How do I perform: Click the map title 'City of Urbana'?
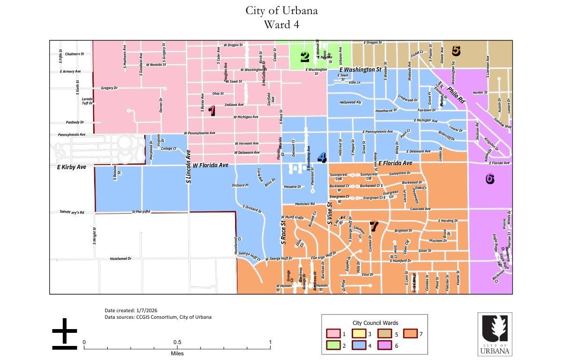281,10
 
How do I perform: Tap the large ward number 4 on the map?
322,157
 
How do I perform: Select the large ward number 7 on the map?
374,226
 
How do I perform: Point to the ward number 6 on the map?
490,179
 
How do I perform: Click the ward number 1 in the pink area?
212,111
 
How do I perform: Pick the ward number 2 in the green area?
305,57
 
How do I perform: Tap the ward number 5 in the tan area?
456,51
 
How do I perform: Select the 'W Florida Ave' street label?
210,165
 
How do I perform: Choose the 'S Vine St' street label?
330,213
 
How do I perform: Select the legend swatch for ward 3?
359,334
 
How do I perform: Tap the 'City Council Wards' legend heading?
375,323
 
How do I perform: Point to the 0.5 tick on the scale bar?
177,342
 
